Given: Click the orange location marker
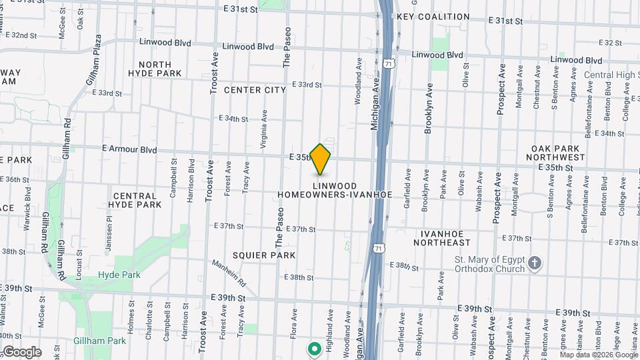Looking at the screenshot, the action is [321, 159].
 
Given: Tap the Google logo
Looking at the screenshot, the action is [22, 352].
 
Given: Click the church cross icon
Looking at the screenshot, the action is [535, 264].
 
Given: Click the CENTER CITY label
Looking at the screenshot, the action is [255, 90].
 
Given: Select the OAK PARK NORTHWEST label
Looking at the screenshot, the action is [558, 152].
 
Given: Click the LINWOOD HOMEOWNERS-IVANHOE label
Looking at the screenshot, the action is [335, 190].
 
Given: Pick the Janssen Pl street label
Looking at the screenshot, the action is [107, 239].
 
